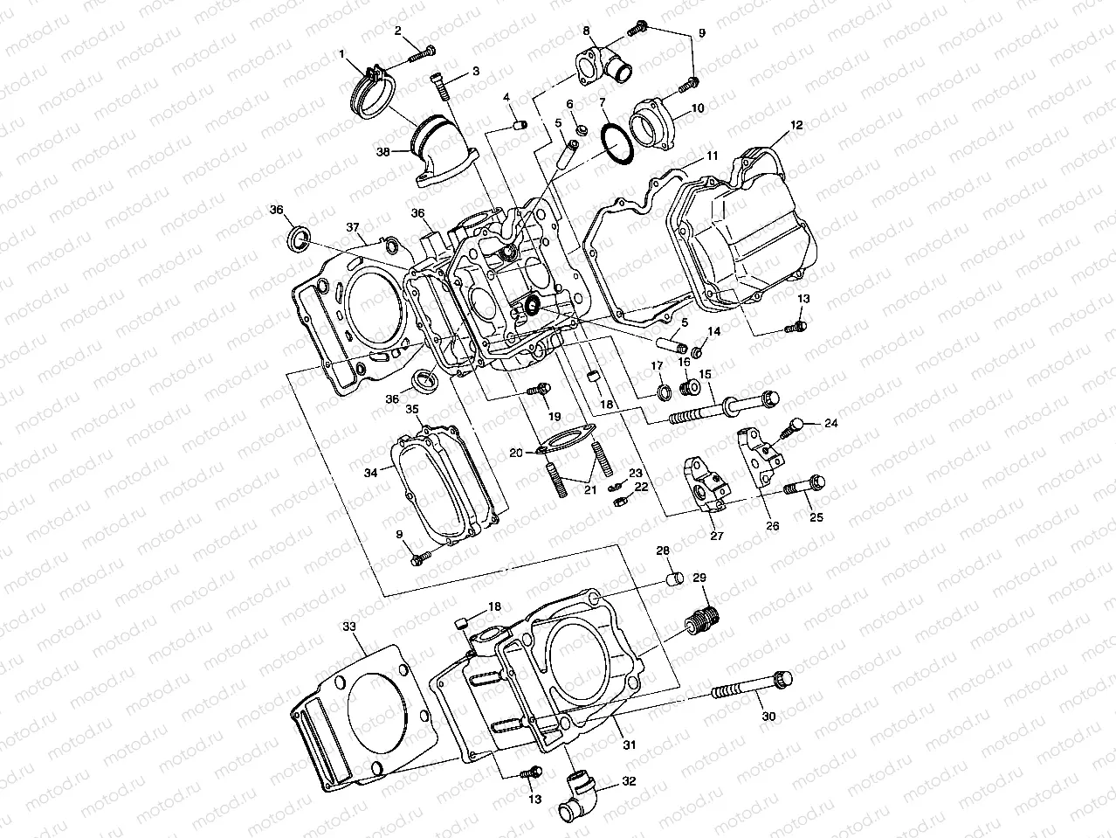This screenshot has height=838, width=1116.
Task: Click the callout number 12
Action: [796, 125]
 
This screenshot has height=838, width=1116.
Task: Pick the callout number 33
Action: [348, 627]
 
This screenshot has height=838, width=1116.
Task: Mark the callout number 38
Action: [383, 150]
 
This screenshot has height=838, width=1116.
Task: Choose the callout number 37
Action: [353, 228]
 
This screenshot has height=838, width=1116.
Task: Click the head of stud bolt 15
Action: [768, 400]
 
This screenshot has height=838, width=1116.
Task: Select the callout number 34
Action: [370, 472]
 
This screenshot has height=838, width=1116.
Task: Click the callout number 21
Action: [590, 489]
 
